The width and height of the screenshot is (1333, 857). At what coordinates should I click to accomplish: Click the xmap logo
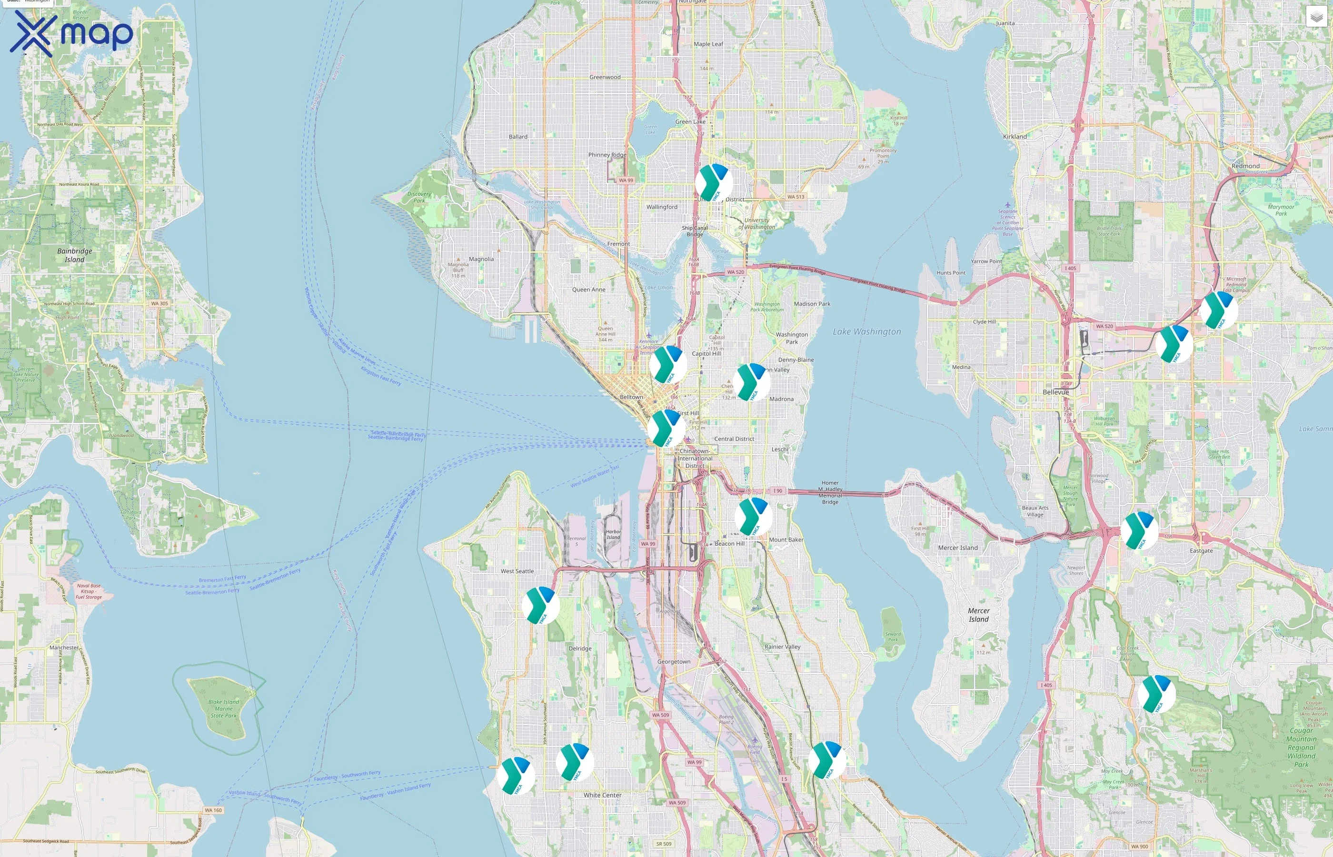point(71,33)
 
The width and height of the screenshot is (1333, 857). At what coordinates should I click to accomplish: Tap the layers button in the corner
point(1316,17)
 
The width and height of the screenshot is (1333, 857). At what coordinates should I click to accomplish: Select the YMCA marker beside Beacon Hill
point(753,517)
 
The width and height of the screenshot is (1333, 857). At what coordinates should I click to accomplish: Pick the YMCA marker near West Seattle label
point(540,606)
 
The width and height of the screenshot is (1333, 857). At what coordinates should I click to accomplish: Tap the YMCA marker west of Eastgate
point(1139,531)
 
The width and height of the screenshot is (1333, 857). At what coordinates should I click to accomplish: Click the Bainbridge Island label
point(75,255)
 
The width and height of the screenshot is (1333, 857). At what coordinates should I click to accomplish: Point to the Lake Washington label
point(866,332)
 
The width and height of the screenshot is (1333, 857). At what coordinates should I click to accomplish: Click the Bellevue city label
point(1055,392)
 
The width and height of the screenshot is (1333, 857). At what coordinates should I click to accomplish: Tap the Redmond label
point(1245,166)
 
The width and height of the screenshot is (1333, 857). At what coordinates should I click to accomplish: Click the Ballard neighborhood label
point(518,136)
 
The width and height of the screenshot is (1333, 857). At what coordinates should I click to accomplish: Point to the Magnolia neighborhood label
point(481,259)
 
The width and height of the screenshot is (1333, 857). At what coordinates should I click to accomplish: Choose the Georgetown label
point(674,662)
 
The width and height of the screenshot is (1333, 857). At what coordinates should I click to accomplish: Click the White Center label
point(603,795)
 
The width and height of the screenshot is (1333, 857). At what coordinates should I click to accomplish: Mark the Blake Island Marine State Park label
point(224,709)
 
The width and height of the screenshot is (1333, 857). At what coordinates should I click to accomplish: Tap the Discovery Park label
point(419,198)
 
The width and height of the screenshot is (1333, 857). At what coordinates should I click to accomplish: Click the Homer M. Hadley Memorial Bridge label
point(830,492)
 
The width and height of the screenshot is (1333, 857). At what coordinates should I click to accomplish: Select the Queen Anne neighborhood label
point(588,289)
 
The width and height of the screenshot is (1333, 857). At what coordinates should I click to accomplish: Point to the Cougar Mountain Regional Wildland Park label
point(1301,747)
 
